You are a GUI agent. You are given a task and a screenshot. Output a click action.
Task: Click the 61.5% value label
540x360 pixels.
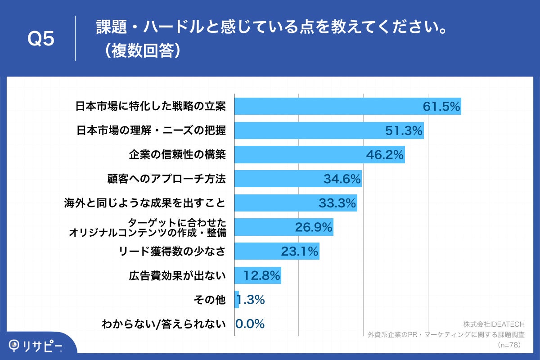point(441,107)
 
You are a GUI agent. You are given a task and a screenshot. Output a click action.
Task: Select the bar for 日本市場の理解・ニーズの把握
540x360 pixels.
point(328,130)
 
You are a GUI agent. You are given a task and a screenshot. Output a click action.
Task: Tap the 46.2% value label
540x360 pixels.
point(385,155)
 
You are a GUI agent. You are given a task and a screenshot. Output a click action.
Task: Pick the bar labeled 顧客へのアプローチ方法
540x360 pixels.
point(297,179)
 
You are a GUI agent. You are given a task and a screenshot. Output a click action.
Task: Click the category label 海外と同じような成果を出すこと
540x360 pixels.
point(144,203)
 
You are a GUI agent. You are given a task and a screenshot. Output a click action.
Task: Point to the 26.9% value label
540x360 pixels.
point(314,227)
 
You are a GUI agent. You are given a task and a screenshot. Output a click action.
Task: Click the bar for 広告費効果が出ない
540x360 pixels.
point(257,275)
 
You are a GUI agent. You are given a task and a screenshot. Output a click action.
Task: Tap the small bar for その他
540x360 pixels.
point(236,300)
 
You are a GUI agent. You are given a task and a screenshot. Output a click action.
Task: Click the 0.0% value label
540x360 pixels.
point(250,324)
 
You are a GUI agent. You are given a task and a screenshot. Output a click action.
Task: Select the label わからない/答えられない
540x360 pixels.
point(163,324)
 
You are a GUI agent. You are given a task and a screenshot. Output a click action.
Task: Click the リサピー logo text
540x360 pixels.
point(43,346)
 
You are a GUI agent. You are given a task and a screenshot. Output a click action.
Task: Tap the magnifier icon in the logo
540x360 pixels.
point(15,345)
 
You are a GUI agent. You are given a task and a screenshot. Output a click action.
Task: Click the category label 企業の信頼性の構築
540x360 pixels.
point(177,155)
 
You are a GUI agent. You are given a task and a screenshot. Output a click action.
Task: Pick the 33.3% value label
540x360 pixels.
point(337,203)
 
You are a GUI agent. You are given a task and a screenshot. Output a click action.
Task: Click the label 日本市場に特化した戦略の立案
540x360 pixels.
point(150,107)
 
